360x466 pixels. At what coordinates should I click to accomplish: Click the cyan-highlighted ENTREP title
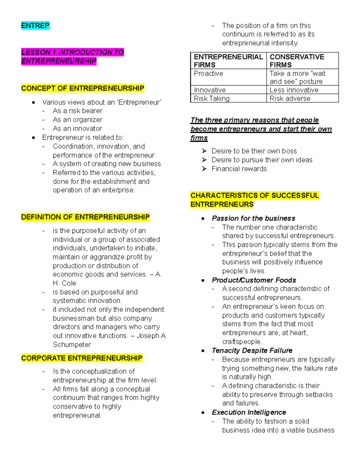[35, 26]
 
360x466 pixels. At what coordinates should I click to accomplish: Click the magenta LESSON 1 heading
[72, 56]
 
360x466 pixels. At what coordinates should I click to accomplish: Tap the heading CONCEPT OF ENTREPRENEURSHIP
[82, 88]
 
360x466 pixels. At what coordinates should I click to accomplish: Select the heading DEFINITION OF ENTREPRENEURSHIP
[85, 217]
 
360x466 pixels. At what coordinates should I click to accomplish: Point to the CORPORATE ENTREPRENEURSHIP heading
[82, 358]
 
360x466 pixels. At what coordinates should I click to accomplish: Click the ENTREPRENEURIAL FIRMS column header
[228, 61]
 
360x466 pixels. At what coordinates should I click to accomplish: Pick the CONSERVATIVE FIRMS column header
[297, 61]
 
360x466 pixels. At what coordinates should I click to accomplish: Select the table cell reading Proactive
[208, 74]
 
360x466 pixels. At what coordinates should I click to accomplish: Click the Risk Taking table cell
[211, 98]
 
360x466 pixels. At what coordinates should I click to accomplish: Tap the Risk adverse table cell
[290, 98]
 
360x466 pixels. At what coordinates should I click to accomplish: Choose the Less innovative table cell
[294, 90]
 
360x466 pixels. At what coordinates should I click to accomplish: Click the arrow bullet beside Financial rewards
[204, 169]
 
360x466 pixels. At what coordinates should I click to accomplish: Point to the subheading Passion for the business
[253, 218]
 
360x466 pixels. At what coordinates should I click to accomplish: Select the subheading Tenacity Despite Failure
[252, 350]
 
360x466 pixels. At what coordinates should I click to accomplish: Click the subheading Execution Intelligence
[249, 412]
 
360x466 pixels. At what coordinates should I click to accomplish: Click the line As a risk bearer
[77, 111]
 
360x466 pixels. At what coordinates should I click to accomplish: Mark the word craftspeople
[242, 342]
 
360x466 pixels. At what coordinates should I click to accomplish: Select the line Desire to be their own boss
[254, 151]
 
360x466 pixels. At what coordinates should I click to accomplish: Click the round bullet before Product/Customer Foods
[203, 280]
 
